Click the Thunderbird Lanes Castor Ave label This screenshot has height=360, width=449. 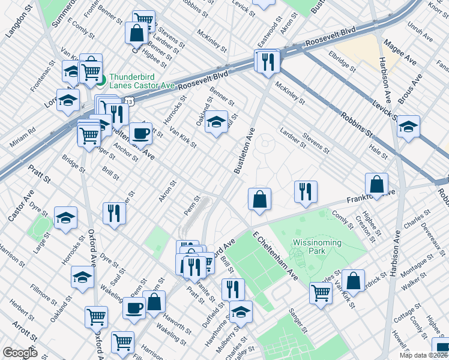click(142, 81)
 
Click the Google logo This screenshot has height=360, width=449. click(20, 353)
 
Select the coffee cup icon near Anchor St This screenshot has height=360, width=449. click(140, 133)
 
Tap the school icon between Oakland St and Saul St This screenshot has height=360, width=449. click(216, 124)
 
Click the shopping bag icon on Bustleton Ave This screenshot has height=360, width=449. click(259, 200)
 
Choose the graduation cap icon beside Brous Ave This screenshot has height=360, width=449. click(408, 128)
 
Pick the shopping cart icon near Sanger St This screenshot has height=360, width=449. click(321, 293)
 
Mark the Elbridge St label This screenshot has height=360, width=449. click(343, 63)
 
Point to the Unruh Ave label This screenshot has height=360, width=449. click(420, 33)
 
